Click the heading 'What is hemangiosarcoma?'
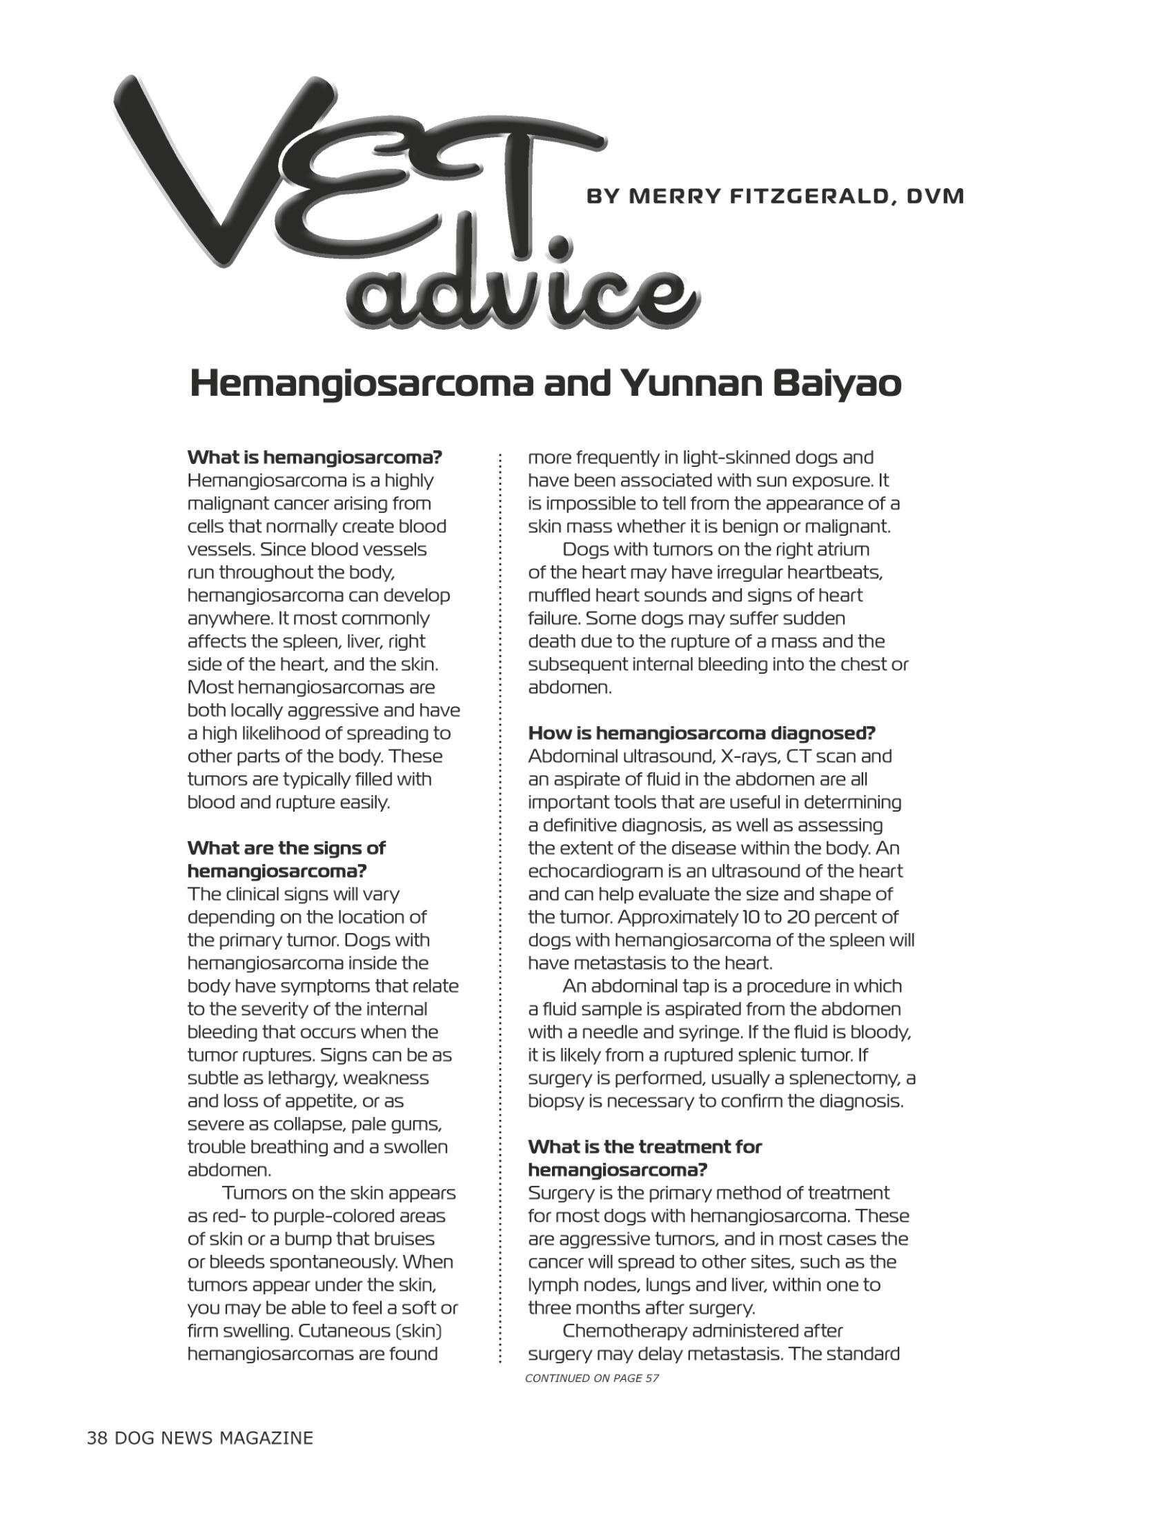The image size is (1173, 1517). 315,458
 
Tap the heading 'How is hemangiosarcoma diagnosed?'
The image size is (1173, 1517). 701,733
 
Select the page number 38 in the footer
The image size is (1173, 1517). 97,1438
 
